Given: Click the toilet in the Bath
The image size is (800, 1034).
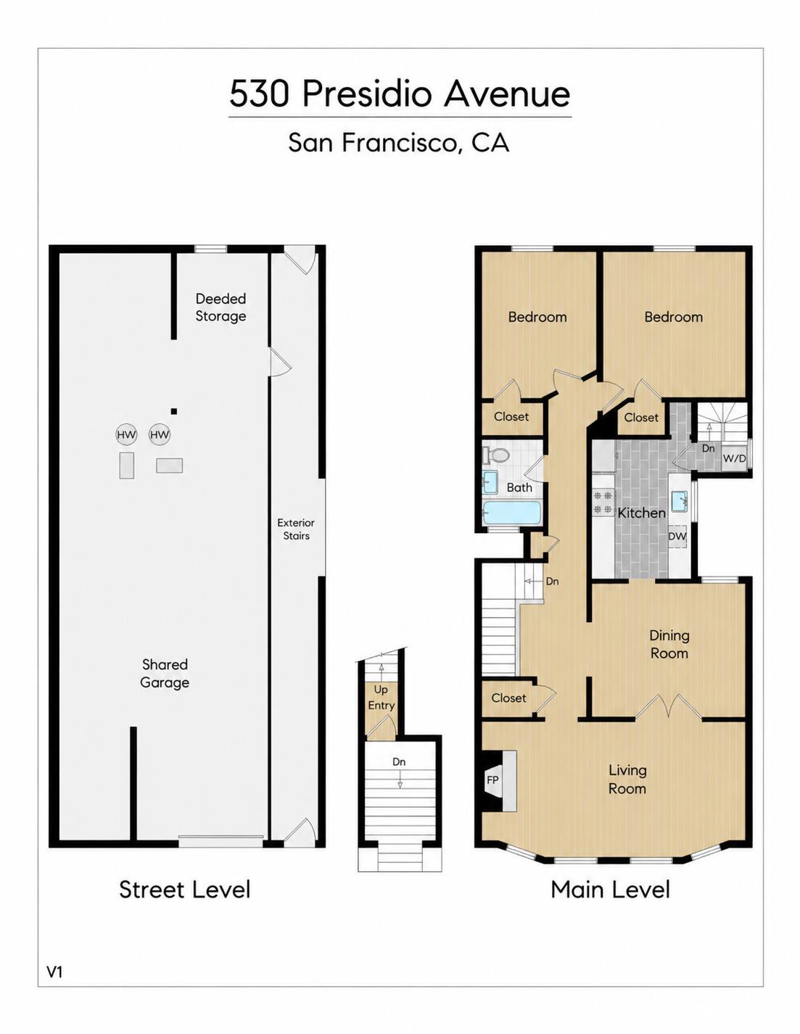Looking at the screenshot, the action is (495, 455).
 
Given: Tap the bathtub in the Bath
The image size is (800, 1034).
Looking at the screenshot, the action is (511, 513).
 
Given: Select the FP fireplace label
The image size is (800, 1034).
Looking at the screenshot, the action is (492, 780).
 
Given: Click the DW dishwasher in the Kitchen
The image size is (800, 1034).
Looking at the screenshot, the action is (677, 536).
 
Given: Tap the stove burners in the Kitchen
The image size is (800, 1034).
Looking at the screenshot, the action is (603, 502).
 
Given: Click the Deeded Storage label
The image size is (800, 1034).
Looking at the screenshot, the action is (220, 307).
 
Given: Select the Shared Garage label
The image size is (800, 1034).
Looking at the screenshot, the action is (165, 673).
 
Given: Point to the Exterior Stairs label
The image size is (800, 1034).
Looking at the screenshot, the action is (296, 529).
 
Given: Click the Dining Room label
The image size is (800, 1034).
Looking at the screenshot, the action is (669, 644).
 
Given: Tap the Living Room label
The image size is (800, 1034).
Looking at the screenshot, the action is (627, 779).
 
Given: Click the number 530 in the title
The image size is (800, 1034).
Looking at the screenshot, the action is (259, 94).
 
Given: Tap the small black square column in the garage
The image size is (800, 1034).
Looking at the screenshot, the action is (174, 410).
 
